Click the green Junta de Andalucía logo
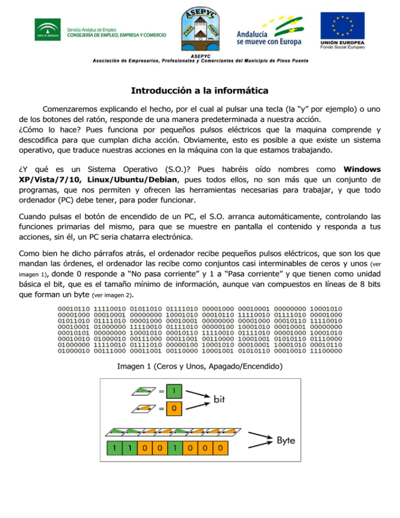pos(48,30)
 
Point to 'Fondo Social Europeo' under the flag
pos(342,47)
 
